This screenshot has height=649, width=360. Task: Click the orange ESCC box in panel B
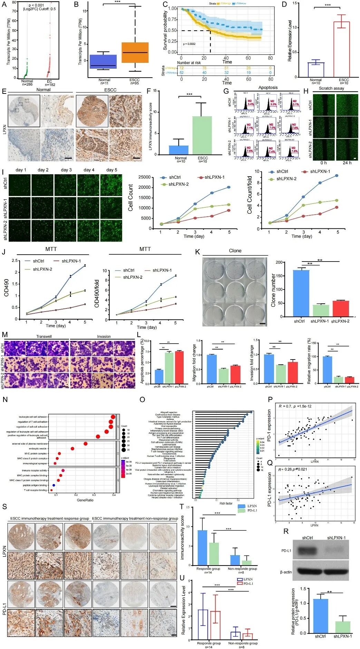coord(135,52)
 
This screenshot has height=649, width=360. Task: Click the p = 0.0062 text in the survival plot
coord(189,44)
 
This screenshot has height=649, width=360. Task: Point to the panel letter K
coord(198,252)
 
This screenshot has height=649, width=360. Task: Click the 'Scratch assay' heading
coord(331,88)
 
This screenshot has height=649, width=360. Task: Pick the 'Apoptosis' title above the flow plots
coord(268,88)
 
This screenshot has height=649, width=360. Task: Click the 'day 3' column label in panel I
coord(66,170)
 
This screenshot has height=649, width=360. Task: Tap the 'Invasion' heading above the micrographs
coord(104,336)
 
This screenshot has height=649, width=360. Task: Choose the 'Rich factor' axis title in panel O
coord(226,503)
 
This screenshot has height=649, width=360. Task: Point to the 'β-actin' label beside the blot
coord(286,572)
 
